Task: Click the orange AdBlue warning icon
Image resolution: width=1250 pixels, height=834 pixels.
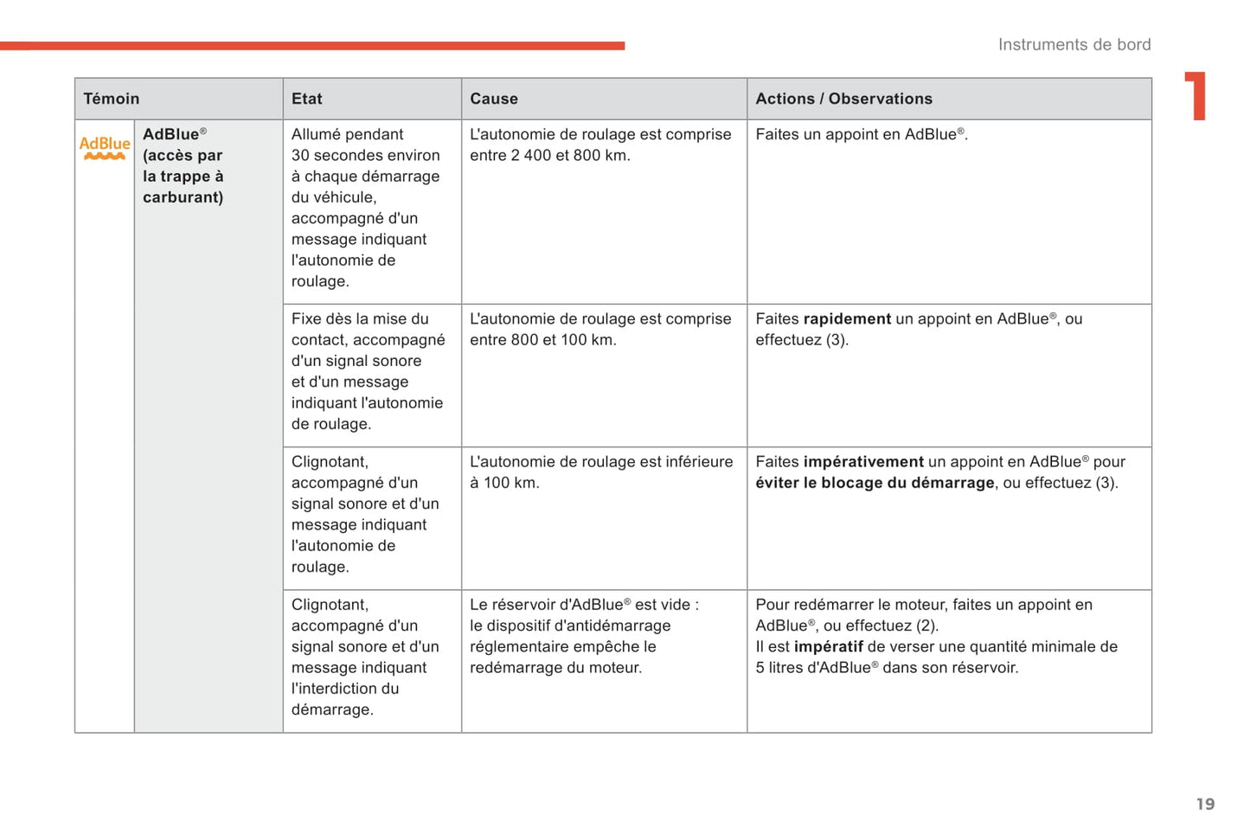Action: [x=105, y=148]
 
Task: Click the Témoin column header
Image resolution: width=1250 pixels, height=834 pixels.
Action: [x=112, y=99]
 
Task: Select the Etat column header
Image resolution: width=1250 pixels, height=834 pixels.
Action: [x=307, y=99]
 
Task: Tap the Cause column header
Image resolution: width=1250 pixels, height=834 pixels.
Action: [x=494, y=99]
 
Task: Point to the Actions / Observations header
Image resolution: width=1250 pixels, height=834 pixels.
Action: [x=843, y=99]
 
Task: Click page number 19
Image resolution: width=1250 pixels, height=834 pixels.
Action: [x=1205, y=805]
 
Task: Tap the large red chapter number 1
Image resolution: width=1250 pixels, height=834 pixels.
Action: [x=1196, y=96]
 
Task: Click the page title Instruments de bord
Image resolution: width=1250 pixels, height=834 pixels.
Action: [x=1074, y=45]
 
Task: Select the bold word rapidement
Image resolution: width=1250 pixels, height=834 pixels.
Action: [x=847, y=319]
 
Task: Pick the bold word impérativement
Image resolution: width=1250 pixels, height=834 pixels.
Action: [x=863, y=462]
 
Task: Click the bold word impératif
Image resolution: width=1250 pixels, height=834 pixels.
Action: [x=828, y=647]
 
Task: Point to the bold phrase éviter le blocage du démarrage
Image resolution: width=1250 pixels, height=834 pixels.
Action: [x=875, y=483]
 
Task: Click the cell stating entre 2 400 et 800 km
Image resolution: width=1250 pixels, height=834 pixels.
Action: [x=600, y=145]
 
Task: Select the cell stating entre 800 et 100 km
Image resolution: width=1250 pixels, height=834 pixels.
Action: [x=600, y=330]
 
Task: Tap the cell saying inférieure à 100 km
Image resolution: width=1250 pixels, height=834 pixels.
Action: [x=600, y=472]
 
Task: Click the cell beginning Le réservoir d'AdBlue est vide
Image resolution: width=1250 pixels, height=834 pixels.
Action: [x=584, y=636]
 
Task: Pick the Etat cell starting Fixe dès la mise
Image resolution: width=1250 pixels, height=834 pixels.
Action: [x=368, y=371]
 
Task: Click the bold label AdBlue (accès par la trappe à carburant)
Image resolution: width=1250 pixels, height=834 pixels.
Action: [x=183, y=166]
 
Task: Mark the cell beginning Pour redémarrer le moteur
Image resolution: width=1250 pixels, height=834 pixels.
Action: [x=936, y=636]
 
